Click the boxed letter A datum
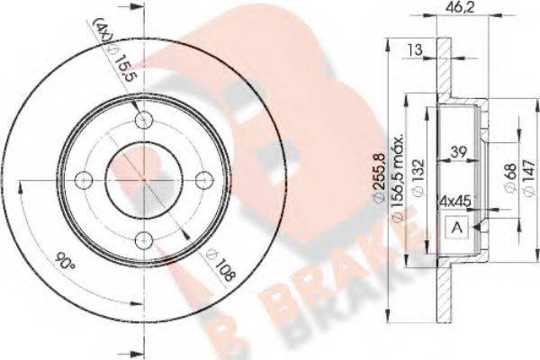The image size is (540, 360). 455,228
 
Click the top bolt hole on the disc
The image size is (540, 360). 142,121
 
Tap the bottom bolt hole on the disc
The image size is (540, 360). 142,238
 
